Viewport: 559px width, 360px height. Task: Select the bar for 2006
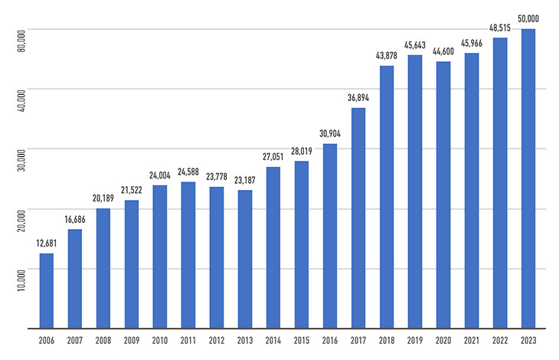click(47, 291)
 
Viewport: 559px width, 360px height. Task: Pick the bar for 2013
click(245, 260)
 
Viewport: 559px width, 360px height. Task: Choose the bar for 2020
click(443, 195)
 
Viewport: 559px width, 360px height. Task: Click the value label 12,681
click(47, 244)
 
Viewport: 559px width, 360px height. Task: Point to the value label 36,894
click(358, 99)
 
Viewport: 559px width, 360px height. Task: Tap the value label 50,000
click(528, 18)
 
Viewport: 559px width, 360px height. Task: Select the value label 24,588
click(188, 172)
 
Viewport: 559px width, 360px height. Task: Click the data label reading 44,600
click(443, 52)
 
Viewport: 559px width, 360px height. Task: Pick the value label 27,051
click(273, 157)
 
